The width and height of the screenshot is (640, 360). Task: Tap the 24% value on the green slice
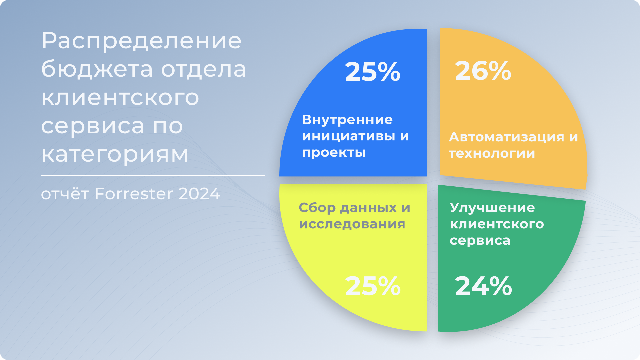click(483, 286)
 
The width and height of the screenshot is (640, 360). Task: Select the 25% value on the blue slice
click(373, 72)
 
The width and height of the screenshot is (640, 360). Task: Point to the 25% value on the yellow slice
click(373, 286)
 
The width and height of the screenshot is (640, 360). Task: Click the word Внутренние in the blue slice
click(347, 119)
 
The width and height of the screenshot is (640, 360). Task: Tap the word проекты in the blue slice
click(334, 153)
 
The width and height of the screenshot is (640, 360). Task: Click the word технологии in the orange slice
click(492, 153)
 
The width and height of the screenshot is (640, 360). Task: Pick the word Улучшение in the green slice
click(492, 208)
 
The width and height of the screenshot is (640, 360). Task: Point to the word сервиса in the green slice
click(480, 240)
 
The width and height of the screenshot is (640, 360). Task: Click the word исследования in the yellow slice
click(352, 224)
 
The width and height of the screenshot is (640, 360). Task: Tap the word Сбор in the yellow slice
click(317, 208)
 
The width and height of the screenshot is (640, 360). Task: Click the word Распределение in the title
click(142, 41)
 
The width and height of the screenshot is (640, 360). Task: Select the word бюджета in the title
click(97, 69)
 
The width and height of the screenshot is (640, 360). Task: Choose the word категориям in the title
click(115, 155)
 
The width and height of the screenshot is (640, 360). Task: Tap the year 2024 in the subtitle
click(199, 194)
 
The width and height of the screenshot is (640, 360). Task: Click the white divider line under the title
click(153, 176)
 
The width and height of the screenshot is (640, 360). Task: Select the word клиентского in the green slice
click(497, 224)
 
